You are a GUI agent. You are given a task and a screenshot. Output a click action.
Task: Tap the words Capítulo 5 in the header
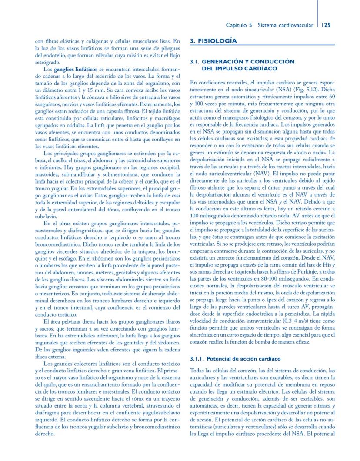[239, 25]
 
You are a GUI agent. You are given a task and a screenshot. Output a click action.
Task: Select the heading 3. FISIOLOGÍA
[214, 41]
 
